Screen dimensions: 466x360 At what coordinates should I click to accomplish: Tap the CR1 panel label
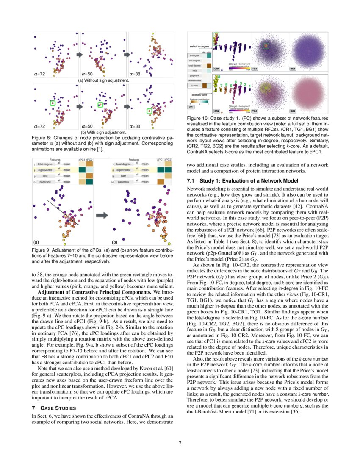pyautogui.click(x=216, y=68)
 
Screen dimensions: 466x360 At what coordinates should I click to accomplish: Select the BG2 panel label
pyautogui.click(x=293, y=111)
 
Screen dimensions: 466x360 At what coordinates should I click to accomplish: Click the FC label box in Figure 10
pyautogui.click(x=191, y=107)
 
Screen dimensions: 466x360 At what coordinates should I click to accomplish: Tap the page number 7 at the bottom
pyautogui.click(x=180, y=443)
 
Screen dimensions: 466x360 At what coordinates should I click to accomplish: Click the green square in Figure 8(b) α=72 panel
pyautogui.click(x=52, y=103)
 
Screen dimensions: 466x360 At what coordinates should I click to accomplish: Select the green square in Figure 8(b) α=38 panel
pyautogui.click(x=149, y=111)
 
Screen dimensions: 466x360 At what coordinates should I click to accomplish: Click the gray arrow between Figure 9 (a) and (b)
pyautogui.click(x=102, y=216)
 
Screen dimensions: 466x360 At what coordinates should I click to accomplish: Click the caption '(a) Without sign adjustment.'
pyautogui.click(x=103, y=80)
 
